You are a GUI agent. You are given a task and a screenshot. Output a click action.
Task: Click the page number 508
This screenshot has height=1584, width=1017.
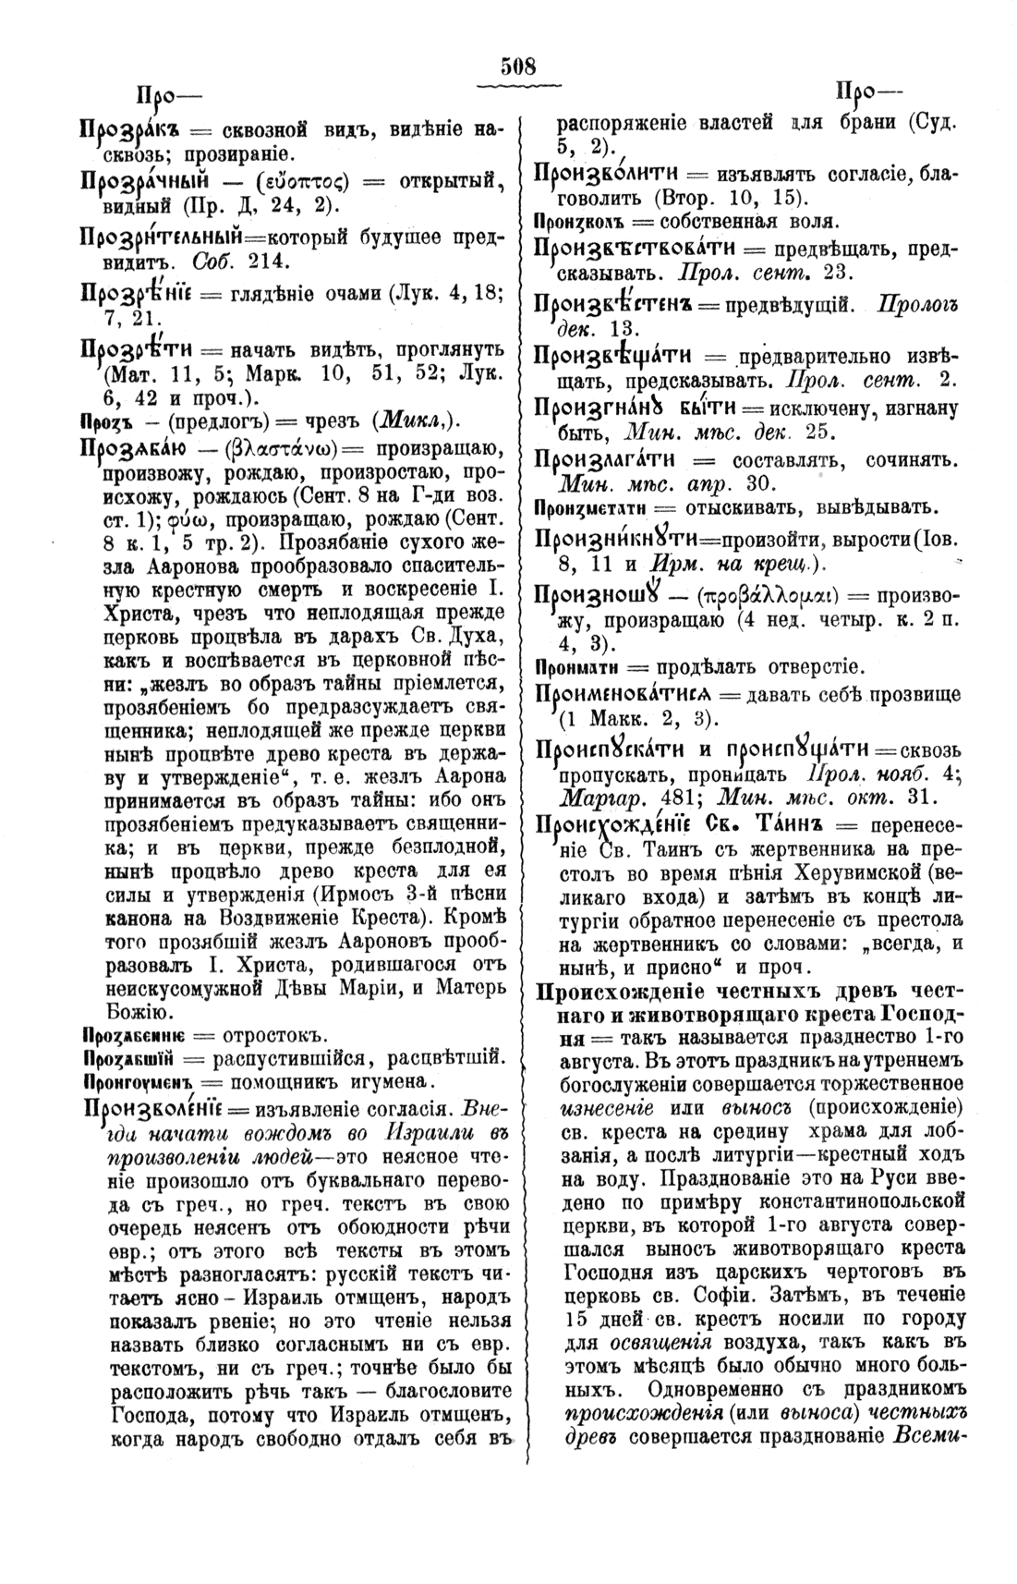pyautogui.click(x=518, y=67)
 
